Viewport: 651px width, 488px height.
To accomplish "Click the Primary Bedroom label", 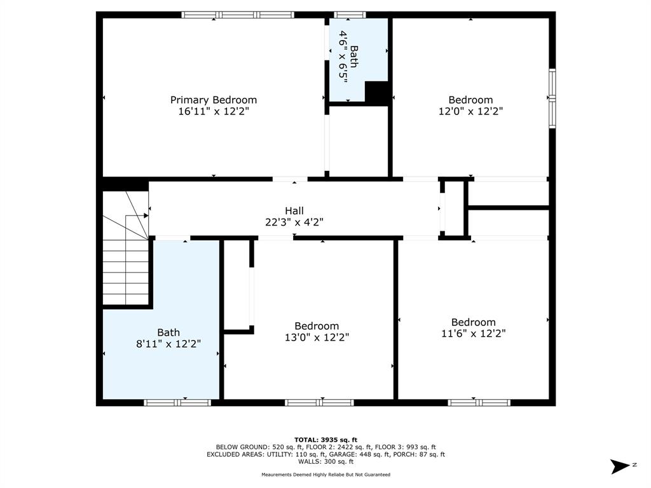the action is (214, 100).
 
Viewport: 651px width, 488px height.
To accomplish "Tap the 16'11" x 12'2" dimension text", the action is (214, 111).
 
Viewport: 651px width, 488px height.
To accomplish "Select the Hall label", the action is (294, 211).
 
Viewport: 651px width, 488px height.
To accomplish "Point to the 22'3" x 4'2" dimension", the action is (294, 222).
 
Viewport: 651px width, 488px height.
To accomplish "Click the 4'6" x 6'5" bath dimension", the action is (343, 57).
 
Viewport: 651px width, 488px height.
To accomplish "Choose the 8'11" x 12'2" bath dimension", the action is (168, 344).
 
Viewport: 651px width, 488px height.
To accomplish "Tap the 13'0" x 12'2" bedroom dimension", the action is (317, 337).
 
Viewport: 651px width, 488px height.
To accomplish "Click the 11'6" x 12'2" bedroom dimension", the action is (473, 333).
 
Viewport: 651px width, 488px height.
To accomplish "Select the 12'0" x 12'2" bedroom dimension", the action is (471, 111).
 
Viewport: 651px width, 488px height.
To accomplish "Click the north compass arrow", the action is (620, 466).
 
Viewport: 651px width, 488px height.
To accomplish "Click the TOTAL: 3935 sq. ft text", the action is (325, 440).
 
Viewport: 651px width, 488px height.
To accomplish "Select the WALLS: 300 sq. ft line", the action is (325, 461).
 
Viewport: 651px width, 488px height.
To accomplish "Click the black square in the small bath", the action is (376, 91).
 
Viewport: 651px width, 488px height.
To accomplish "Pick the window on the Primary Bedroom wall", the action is (238, 15).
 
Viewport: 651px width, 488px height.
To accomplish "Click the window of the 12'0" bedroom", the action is (552, 98).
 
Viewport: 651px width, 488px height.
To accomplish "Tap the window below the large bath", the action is (178, 402).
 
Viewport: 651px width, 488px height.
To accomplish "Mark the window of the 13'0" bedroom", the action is (320, 402).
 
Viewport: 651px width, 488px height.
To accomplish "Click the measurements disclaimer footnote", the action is (325, 474).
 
